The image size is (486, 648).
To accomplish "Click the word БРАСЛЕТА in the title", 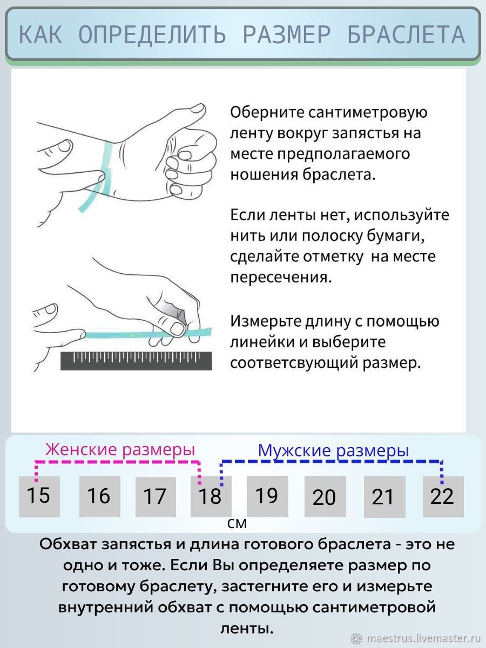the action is click(406, 35).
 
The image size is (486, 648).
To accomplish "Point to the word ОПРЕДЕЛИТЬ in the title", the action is click(152, 35).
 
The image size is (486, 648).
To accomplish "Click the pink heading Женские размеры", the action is click(120, 449).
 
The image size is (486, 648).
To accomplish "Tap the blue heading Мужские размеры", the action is click(333, 450).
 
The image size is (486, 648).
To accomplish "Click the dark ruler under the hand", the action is click(136, 361).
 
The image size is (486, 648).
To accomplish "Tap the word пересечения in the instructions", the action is click(281, 278).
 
